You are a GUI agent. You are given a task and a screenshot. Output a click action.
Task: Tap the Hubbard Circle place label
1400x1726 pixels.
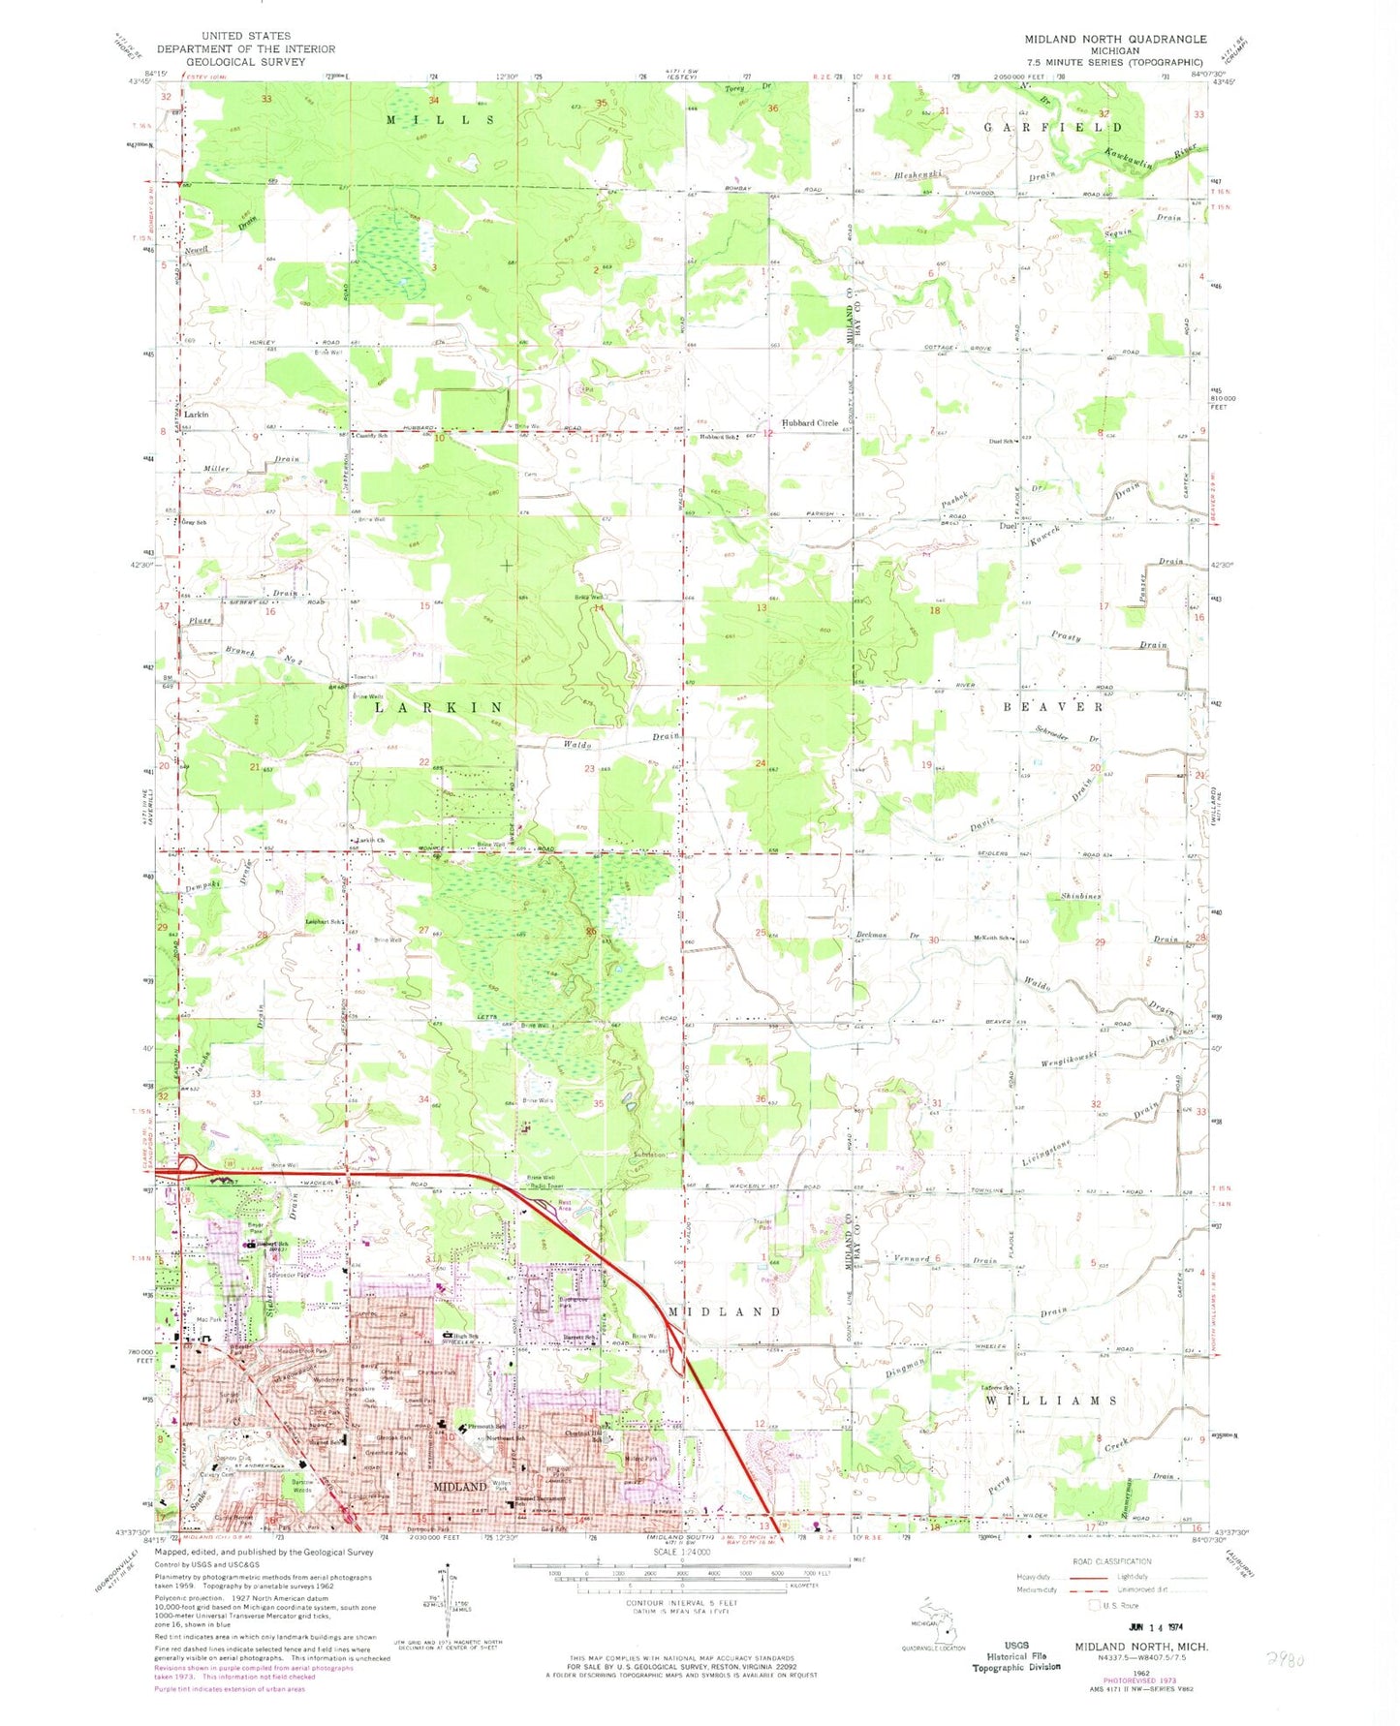(810, 423)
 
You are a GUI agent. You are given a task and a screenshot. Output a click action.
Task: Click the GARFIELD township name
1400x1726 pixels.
(1053, 127)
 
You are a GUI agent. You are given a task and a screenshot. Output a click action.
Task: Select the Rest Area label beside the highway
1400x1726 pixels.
(566, 1208)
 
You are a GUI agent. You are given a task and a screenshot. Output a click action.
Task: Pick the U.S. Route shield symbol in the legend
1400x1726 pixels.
(1095, 1605)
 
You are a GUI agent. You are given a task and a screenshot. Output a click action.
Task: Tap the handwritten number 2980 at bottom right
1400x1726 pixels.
(1285, 1660)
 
